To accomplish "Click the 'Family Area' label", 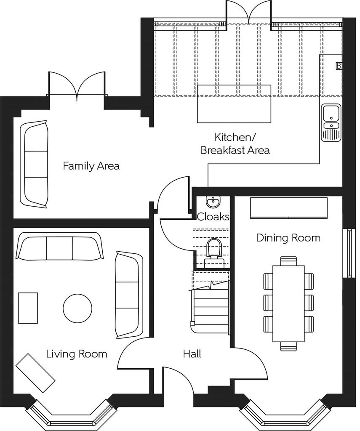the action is pos(91,166).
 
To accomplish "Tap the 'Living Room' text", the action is pos(77,354).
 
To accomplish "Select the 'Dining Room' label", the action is pos(288,237).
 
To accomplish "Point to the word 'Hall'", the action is pos(192,354).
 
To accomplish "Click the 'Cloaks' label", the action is pos(213,217).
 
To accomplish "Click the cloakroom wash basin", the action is pos(213,202).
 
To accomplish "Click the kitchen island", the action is pos(234,104).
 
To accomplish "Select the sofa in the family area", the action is pos(35,164).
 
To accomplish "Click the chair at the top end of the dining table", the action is pos(288,261).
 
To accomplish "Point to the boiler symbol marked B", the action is pos(339,66).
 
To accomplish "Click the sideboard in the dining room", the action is pos(289,208).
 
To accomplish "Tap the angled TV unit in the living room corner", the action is pos(35,373).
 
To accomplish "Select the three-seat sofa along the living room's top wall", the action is pos(59,246).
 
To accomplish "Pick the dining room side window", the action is pos(349,253).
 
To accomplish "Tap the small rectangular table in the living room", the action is pos(28,308).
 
